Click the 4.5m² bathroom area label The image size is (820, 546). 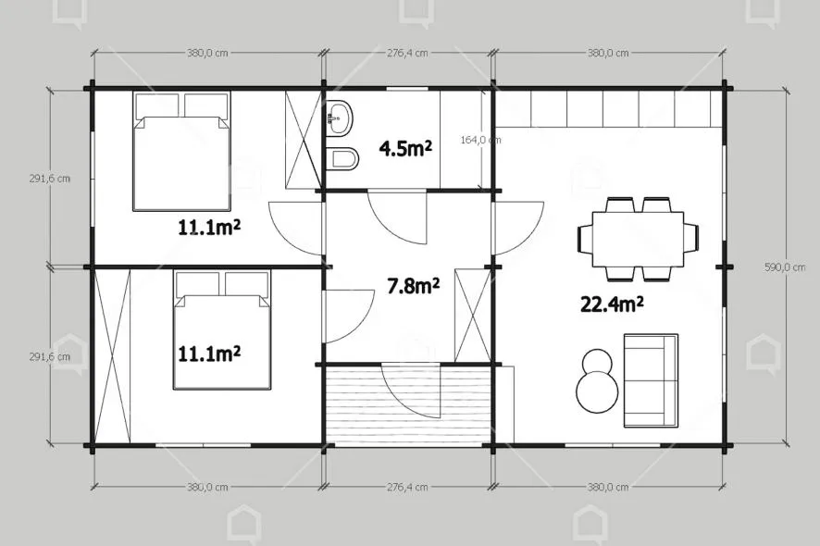[405, 150]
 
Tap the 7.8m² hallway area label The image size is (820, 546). [413, 286]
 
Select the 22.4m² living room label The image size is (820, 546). [612, 304]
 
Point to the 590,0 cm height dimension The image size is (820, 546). [785, 267]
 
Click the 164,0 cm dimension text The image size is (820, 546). [480, 140]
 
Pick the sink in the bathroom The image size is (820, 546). [339, 118]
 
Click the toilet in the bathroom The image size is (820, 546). [342, 158]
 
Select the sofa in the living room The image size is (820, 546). [651, 380]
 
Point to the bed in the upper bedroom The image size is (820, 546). [181, 152]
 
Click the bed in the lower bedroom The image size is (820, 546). [222, 330]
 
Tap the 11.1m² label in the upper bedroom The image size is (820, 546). [209, 228]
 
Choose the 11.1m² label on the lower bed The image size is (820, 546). [209, 354]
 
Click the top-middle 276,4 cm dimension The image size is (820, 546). [407, 53]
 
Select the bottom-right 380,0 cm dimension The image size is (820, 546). [608, 488]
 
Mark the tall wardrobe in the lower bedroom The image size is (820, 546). [112, 355]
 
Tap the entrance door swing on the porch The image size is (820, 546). [411, 391]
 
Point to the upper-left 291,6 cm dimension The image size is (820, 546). [50, 179]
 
